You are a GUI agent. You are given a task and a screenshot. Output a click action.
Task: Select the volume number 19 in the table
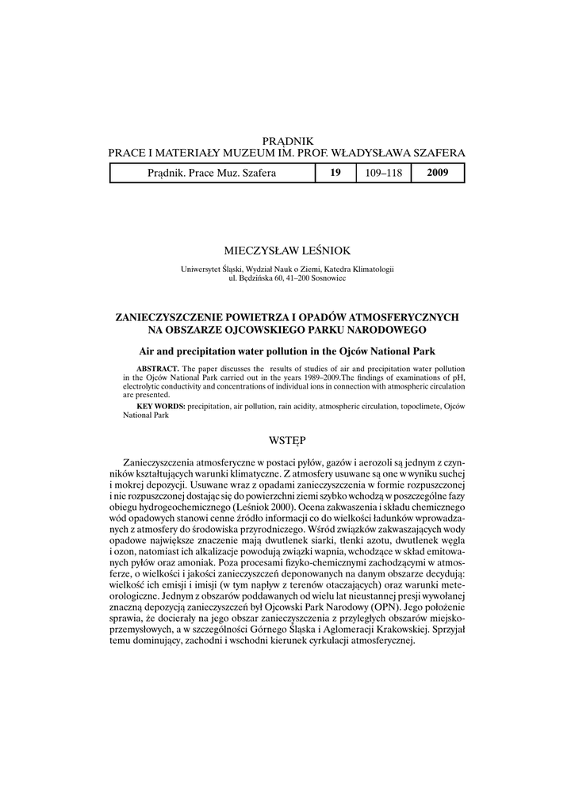point(335,173)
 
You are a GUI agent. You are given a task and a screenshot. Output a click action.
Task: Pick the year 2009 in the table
point(438,173)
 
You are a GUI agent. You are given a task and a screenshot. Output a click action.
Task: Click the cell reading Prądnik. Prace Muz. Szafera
point(212,173)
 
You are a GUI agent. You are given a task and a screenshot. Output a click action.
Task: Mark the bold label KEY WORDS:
point(161,406)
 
